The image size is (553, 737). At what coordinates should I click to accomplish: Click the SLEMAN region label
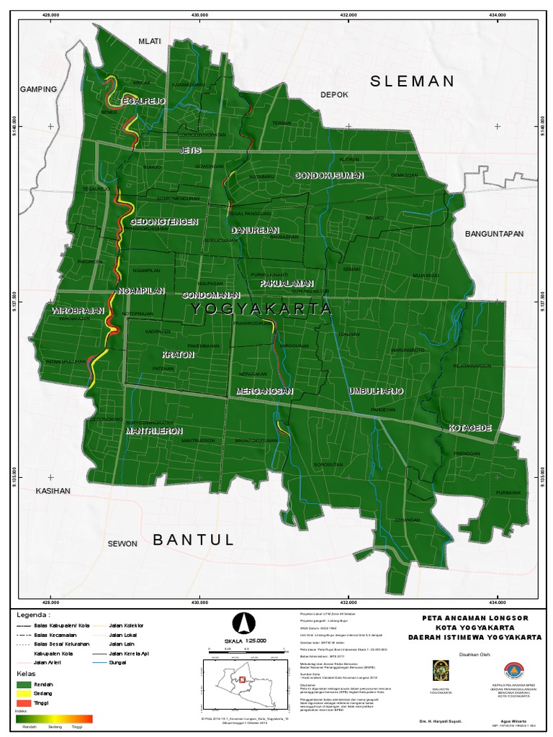click(x=413, y=81)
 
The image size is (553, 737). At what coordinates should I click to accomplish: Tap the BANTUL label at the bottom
click(x=194, y=540)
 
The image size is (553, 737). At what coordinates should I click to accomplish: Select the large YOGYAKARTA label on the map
click(x=261, y=309)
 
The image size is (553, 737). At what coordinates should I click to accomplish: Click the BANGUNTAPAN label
click(x=493, y=234)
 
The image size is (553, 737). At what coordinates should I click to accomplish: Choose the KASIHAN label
click(x=53, y=491)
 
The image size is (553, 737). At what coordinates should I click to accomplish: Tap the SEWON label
click(x=122, y=543)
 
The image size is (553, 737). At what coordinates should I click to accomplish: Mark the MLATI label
click(x=150, y=42)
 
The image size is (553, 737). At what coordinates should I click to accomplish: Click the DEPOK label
click(x=334, y=95)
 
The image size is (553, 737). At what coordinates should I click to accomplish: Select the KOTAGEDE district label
click(x=470, y=428)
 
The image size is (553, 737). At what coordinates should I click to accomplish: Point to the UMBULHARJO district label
click(x=375, y=390)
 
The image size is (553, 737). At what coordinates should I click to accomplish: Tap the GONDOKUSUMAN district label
click(x=329, y=176)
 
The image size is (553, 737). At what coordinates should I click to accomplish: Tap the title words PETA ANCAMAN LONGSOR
click(x=476, y=618)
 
